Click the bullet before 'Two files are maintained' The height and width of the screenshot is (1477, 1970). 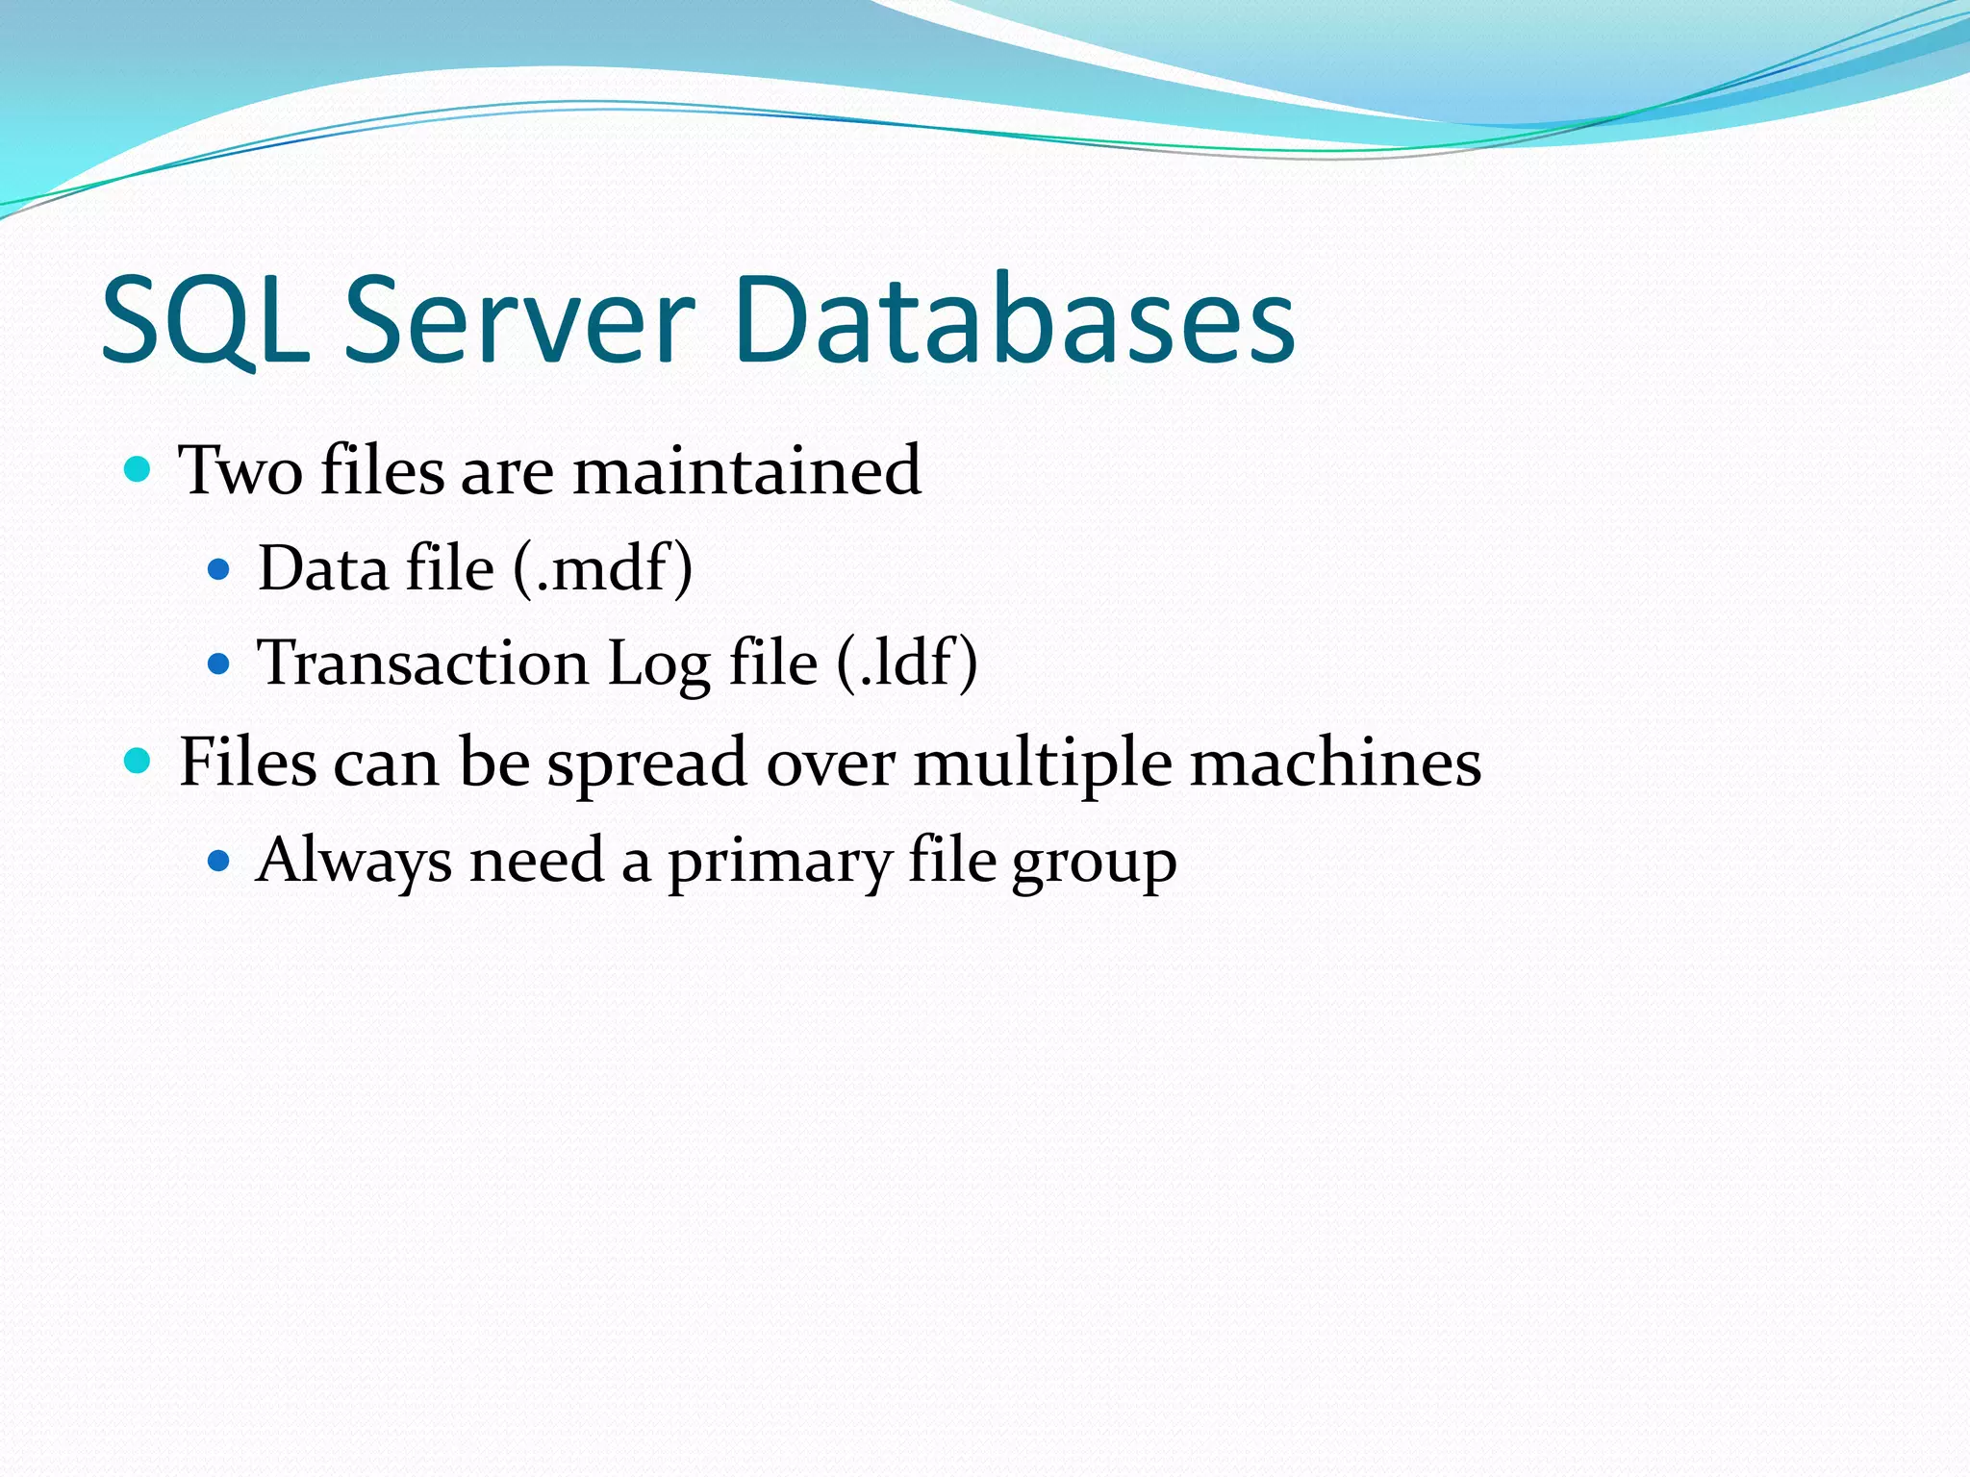point(139,470)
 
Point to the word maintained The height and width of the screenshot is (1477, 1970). point(747,471)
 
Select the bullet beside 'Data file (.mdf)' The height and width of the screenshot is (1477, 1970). point(219,569)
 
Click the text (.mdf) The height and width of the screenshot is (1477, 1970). point(602,568)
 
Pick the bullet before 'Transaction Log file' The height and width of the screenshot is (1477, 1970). point(219,663)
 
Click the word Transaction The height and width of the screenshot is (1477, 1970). point(422,663)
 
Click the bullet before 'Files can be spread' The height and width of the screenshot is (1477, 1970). point(139,763)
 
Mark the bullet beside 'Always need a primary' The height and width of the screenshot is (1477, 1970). point(219,860)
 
